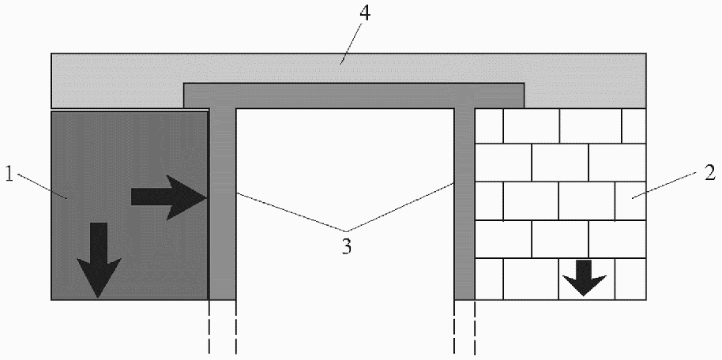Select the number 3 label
(x=346, y=246)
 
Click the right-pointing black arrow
(x=168, y=197)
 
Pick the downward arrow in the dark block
(x=99, y=259)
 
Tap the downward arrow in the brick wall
(x=584, y=276)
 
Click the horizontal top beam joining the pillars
(x=354, y=95)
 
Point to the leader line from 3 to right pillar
(x=403, y=209)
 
